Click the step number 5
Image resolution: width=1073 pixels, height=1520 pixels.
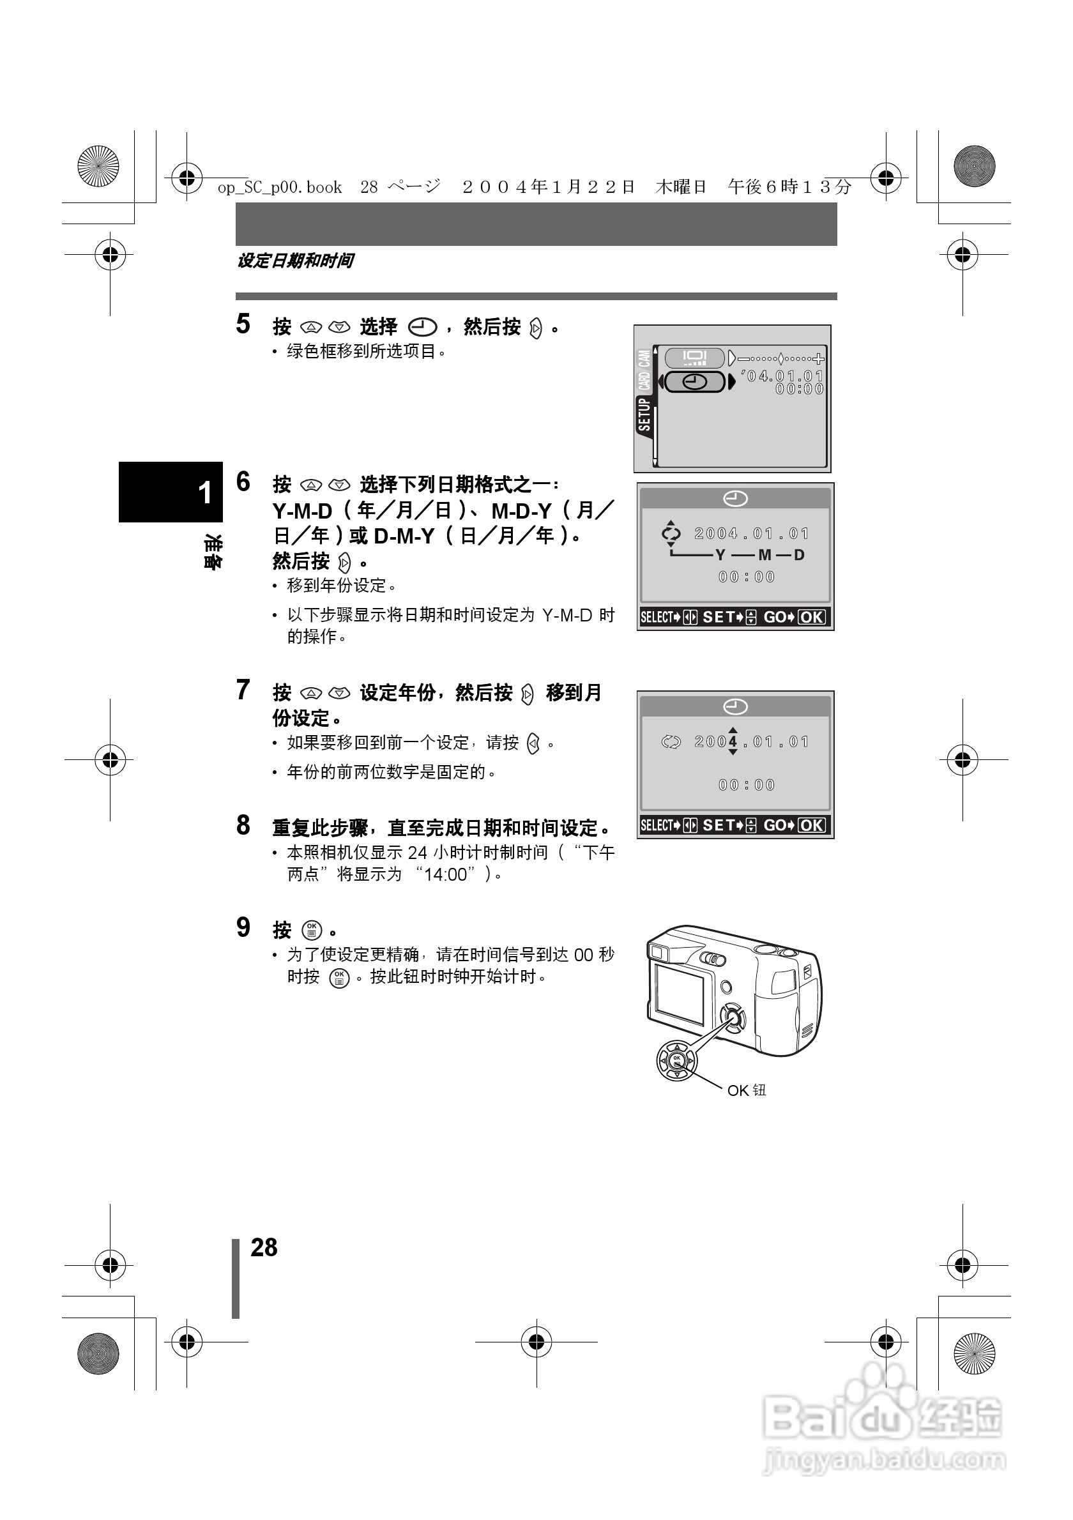[243, 324]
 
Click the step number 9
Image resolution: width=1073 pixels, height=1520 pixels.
[243, 927]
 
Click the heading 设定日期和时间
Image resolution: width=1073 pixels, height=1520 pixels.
[295, 261]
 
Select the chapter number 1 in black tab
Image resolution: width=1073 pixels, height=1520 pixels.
[205, 492]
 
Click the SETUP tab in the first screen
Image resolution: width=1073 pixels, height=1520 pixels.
[644, 414]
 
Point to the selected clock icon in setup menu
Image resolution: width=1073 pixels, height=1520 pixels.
[695, 382]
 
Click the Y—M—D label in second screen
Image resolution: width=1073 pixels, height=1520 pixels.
[759, 555]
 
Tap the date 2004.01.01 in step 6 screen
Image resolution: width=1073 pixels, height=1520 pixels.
[752, 533]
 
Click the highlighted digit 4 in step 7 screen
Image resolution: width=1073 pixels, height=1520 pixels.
[733, 741]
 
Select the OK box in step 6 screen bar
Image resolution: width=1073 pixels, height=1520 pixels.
[812, 618]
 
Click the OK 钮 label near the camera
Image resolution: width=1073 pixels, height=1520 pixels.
[746, 1090]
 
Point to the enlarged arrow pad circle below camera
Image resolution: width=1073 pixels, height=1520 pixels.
[676, 1061]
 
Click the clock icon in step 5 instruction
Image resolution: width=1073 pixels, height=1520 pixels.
[422, 327]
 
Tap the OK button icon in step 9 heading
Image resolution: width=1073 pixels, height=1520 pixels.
[312, 930]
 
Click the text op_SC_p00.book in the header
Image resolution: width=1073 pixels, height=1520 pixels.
[280, 187]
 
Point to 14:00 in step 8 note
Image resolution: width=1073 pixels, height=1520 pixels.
[445, 874]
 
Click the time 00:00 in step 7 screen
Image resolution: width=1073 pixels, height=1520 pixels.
[747, 785]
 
